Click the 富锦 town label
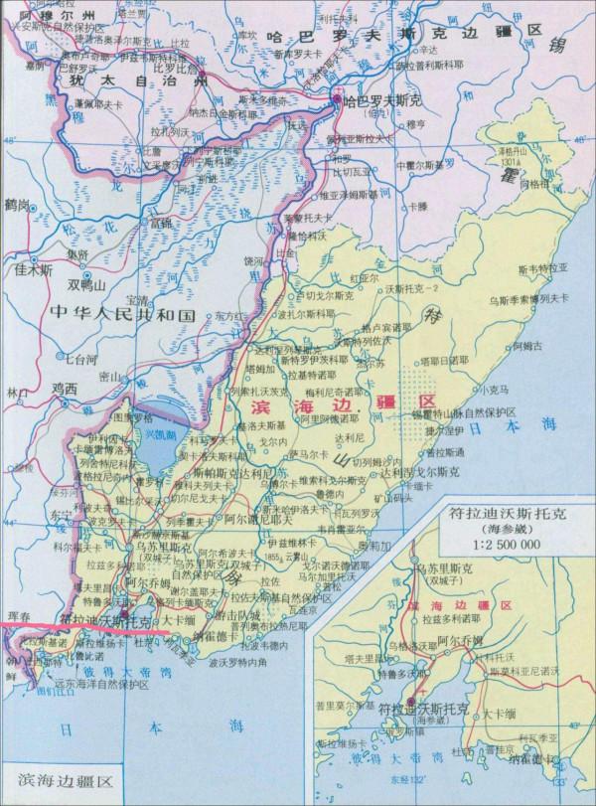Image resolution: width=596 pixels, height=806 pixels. click(161, 223)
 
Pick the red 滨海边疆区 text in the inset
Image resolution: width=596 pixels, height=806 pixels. click(464, 606)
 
